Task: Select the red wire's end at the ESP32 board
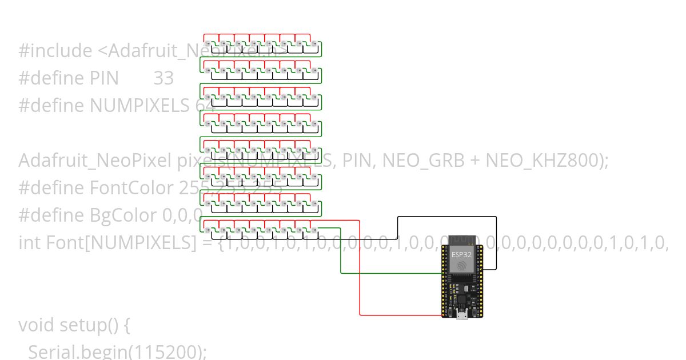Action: point(443,315)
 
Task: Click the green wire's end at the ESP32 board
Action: point(443,273)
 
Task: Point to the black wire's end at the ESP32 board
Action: point(481,269)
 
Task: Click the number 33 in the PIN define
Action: point(163,78)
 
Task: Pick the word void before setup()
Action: point(37,325)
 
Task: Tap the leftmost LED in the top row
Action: point(208,43)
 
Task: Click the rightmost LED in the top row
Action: point(314,43)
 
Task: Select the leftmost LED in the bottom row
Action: point(208,230)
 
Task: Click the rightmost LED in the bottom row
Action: point(314,230)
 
